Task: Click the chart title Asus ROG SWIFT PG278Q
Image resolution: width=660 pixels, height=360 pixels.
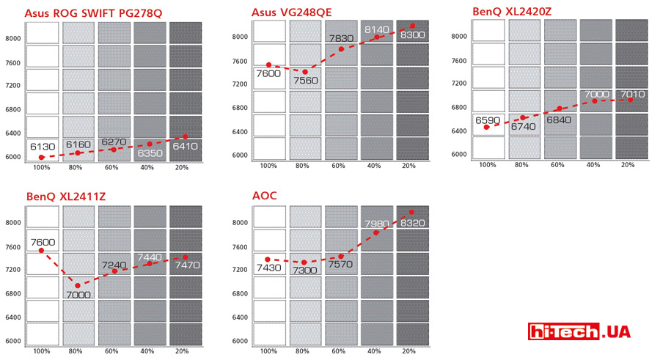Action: pos(93,12)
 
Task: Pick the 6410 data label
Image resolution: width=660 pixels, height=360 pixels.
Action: pos(185,146)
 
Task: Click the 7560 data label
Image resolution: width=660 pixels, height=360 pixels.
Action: pos(306,81)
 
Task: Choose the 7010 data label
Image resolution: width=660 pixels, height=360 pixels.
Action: pos(633,95)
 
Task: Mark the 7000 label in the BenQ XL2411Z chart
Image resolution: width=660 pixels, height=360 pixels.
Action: pos(78,295)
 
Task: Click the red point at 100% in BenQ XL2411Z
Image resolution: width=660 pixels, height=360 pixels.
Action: pos(41,251)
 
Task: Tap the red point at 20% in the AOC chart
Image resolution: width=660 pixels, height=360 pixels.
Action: pos(411,212)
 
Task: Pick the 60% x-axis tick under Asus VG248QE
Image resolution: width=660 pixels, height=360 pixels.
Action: pos(340,166)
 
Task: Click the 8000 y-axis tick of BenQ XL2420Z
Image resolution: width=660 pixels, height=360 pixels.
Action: pos(458,36)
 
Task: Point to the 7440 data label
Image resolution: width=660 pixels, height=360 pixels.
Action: pos(150,258)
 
